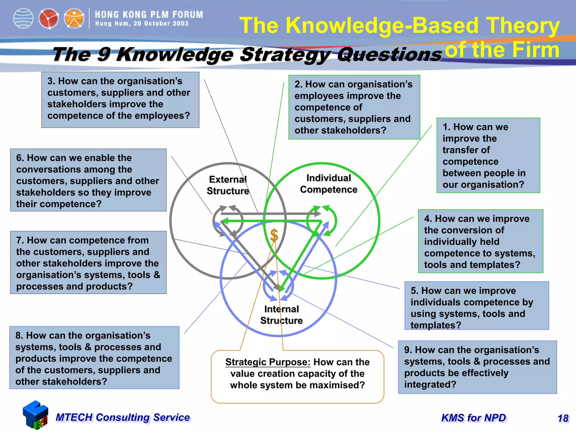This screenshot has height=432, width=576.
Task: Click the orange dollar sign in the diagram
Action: (x=274, y=235)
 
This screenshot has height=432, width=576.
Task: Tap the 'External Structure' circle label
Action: (x=228, y=185)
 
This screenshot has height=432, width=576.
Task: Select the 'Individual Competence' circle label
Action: (x=328, y=184)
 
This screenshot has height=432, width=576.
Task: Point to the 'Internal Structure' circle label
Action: (x=281, y=315)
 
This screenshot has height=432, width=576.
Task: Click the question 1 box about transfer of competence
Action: (x=488, y=156)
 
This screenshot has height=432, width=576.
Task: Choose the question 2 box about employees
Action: (x=354, y=107)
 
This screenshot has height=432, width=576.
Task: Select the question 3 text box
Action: (x=120, y=100)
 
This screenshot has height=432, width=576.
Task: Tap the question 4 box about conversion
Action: (x=480, y=241)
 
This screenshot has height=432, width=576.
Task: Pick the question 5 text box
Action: (x=476, y=306)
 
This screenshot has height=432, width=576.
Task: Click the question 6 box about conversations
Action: (x=88, y=180)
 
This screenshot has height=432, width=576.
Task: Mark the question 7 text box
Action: (x=88, y=263)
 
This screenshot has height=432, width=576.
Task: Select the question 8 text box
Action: (x=94, y=358)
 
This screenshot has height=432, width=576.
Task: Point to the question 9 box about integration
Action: (x=477, y=367)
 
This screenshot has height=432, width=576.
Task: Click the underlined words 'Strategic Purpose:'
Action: (x=268, y=362)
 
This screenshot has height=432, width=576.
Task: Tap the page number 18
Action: (x=563, y=418)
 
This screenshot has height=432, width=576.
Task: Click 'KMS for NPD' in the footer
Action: (x=474, y=418)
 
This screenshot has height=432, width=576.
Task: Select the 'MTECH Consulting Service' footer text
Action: (x=123, y=418)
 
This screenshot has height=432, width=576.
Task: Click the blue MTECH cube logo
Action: (x=35, y=415)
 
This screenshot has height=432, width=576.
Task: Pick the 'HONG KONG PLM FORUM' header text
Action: (x=149, y=15)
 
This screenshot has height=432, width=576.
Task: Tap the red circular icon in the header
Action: (x=48, y=19)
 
